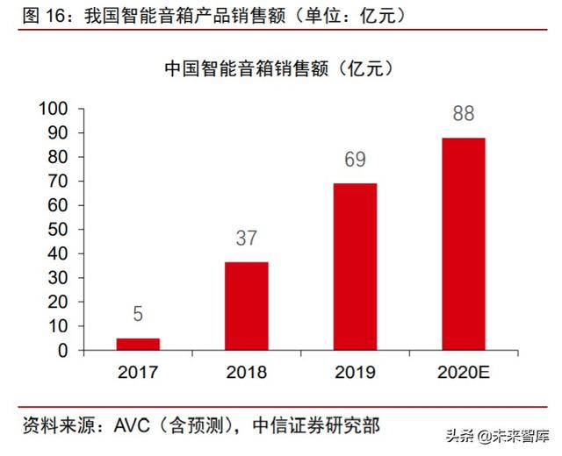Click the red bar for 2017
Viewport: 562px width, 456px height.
pos(138,344)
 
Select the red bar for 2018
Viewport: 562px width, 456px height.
pos(247,306)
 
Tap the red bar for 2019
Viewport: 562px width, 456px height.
pos(355,267)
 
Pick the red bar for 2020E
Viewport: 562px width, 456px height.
pos(463,244)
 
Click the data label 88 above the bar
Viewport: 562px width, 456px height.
pos(463,115)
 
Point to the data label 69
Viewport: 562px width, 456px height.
pos(355,160)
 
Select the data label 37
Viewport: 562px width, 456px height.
pos(247,238)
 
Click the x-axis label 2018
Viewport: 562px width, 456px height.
pos(247,373)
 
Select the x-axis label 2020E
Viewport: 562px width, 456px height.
pos(463,373)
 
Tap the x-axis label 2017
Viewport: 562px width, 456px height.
pos(138,373)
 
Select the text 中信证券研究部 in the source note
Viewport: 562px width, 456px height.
pos(318,426)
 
